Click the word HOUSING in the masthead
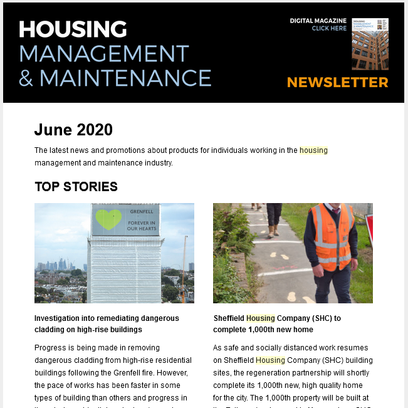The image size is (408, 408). click(x=73, y=29)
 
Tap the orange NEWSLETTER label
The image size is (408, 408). click(x=337, y=82)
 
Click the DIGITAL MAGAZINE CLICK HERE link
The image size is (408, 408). click(x=318, y=24)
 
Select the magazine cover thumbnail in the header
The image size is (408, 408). click(x=370, y=43)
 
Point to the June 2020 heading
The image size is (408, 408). click(x=73, y=130)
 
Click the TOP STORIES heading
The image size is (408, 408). click(x=76, y=187)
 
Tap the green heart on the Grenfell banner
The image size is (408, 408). click(x=108, y=219)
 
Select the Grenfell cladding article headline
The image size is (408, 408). click(x=106, y=323)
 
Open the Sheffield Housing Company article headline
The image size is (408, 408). click(x=276, y=323)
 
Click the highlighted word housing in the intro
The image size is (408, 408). click(x=313, y=150)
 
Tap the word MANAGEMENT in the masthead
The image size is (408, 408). click(x=103, y=54)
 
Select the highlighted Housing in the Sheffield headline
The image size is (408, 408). click(x=260, y=318)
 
